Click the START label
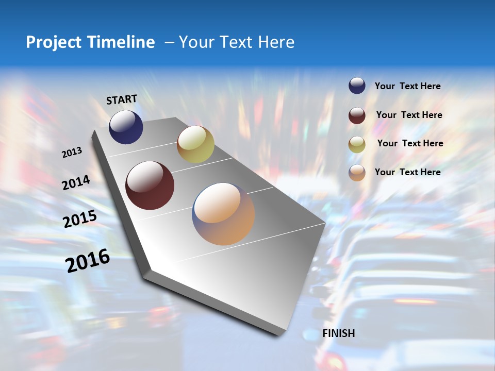pyautogui.click(x=122, y=99)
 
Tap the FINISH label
pyautogui.click(x=338, y=333)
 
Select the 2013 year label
pyautogui.click(x=72, y=152)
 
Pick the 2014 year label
pyautogui.click(x=76, y=182)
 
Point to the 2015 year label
pyautogui.click(x=80, y=219)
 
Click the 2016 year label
pyautogui.click(x=88, y=260)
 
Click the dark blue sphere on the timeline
pyautogui.click(x=126, y=127)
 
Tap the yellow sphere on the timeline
pyautogui.click(x=195, y=144)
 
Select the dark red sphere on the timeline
pyautogui.click(x=150, y=185)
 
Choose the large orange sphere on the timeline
pyautogui.click(x=223, y=214)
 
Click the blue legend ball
pyautogui.click(x=357, y=86)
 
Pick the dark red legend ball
pyautogui.click(x=357, y=115)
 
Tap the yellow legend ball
pyautogui.click(x=357, y=144)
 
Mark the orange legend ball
pyautogui.click(x=357, y=173)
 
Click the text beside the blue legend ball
pyautogui.click(x=407, y=87)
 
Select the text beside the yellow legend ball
pyautogui.click(x=410, y=143)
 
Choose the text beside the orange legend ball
pyautogui.click(x=407, y=172)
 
